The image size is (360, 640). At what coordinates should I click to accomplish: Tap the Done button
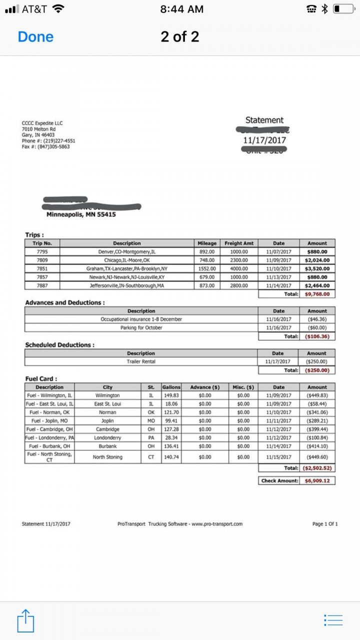click(x=35, y=37)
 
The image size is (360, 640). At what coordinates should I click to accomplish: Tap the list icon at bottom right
click(x=333, y=620)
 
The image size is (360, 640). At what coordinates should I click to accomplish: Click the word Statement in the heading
click(x=264, y=120)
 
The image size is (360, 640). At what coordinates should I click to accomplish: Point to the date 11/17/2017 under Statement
click(x=264, y=140)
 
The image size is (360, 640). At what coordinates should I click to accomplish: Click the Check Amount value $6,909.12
click(x=317, y=480)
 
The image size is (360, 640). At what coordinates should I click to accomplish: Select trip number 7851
click(x=42, y=268)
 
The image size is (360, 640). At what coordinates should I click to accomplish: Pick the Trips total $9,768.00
click(x=317, y=294)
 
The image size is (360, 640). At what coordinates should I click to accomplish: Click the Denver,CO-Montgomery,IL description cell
click(x=126, y=252)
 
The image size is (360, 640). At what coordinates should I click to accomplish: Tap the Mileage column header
click(x=207, y=243)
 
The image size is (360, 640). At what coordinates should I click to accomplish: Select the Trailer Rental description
click(x=141, y=361)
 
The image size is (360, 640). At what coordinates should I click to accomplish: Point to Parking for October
click(x=141, y=327)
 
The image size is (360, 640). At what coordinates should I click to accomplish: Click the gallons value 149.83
click(x=171, y=395)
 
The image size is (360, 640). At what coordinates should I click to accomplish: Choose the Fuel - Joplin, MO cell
click(x=49, y=421)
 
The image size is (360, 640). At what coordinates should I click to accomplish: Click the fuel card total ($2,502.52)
click(x=317, y=468)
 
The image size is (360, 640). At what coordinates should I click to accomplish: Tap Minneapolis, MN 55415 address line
click(x=81, y=214)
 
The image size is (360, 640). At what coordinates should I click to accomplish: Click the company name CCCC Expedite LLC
click(x=42, y=123)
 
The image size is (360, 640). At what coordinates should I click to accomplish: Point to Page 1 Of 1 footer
click(x=325, y=524)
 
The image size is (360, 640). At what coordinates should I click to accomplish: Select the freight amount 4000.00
click(x=238, y=268)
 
